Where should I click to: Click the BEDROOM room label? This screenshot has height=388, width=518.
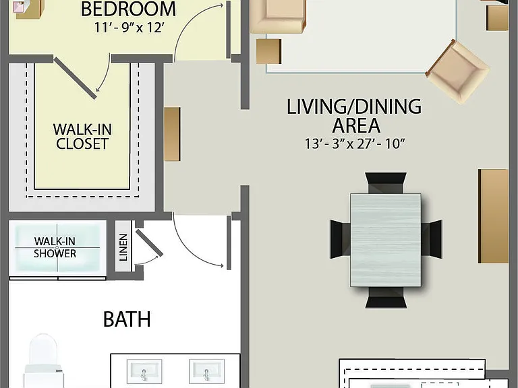[128, 9]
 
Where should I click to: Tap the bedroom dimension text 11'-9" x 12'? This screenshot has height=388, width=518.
[129, 28]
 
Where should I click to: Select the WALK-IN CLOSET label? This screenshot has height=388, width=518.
[82, 137]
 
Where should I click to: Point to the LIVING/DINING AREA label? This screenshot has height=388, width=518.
[354, 116]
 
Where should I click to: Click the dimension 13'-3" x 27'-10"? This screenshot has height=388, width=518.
[355, 144]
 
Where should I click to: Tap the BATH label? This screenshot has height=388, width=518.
[127, 319]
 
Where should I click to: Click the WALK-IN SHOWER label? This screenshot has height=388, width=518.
[55, 247]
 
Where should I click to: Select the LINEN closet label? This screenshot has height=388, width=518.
[123, 247]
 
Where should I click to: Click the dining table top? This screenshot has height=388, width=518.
[386, 240]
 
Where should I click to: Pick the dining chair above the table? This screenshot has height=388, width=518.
[386, 183]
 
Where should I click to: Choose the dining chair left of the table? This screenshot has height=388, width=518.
[340, 240]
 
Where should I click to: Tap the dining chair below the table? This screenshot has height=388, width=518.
[386, 297]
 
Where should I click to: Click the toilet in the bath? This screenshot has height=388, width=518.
[43, 361]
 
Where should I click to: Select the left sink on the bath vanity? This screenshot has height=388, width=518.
[144, 371]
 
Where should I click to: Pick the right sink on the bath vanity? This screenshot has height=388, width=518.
[207, 371]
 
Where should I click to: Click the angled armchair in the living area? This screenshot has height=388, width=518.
[458, 71]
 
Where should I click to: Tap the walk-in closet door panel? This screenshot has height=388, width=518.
[76, 78]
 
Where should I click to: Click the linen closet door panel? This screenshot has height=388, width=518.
[149, 243]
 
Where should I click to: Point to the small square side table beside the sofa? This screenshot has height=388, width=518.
[268, 51]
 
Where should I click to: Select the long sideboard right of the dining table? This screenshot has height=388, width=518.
[493, 216]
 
